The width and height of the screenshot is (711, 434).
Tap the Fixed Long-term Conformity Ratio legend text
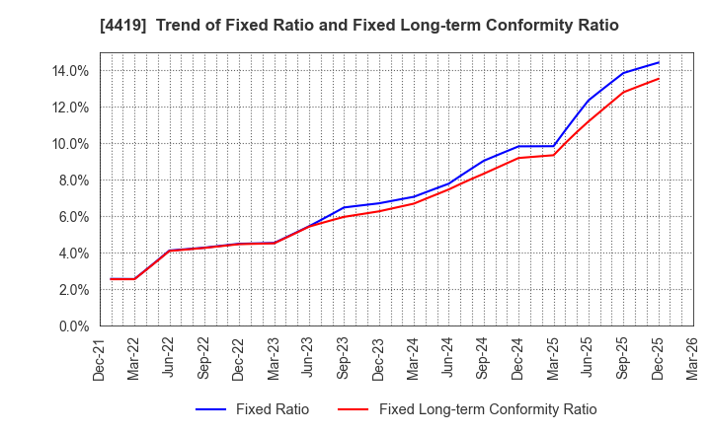pyautogui.click(x=488, y=409)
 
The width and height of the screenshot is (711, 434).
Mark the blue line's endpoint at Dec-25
pyautogui.click(x=659, y=62)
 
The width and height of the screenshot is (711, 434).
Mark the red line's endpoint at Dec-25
pyautogui.click(x=659, y=79)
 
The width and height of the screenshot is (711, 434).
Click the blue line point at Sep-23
pyautogui.click(x=344, y=207)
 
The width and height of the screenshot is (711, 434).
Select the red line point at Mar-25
pyautogui.click(x=553, y=155)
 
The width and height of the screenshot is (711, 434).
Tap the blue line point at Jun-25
pyautogui.click(x=589, y=101)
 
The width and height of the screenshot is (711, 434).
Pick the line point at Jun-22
pyautogui.click(x=170, y=251)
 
